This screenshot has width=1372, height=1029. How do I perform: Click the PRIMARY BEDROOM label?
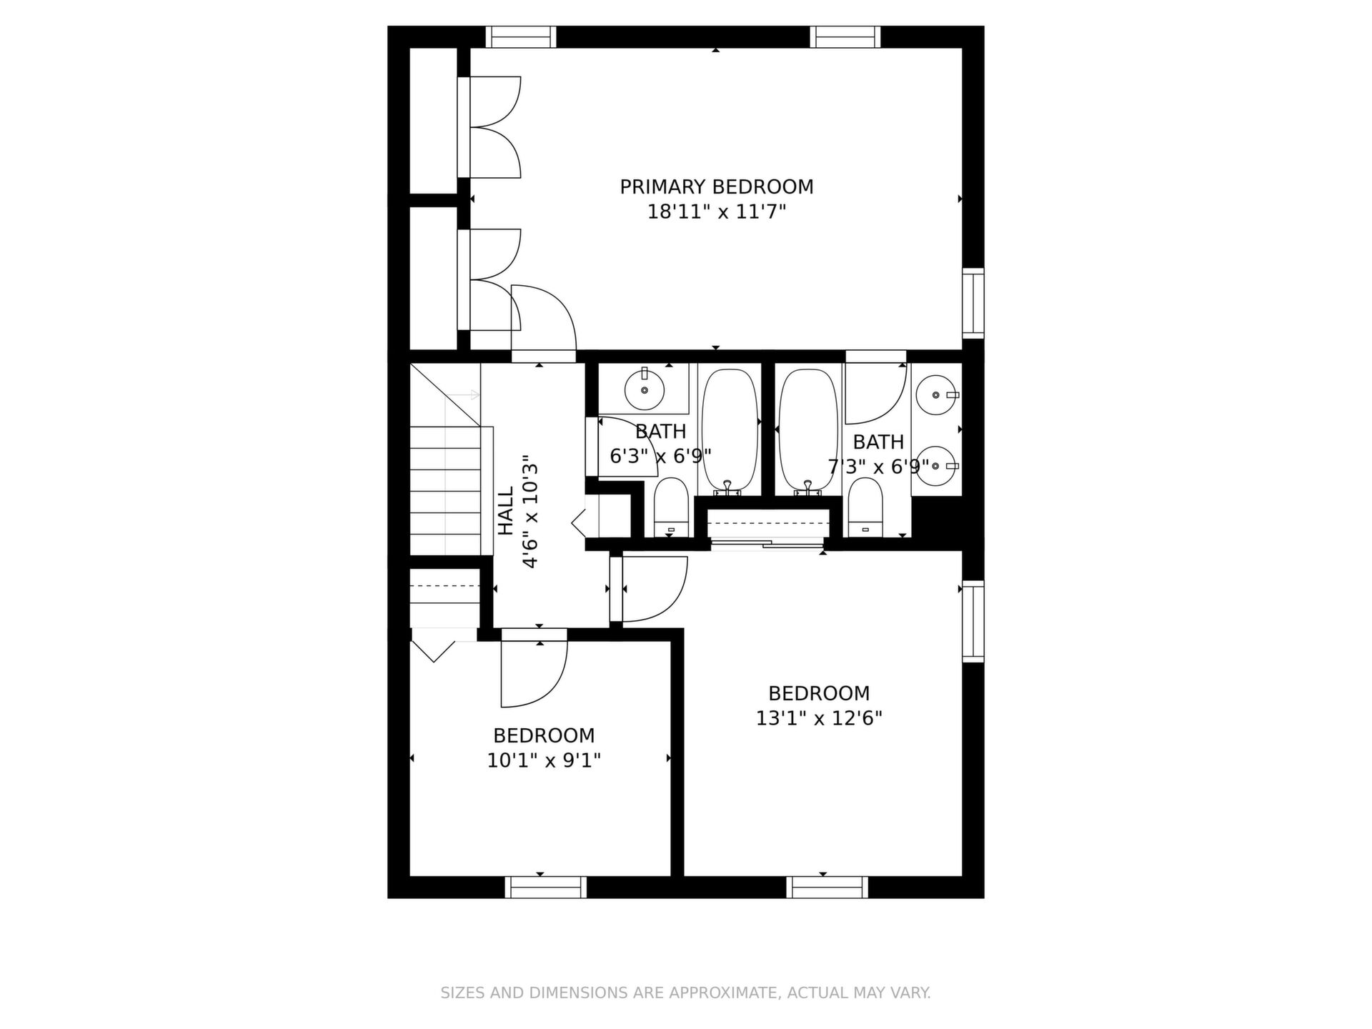[716, 187]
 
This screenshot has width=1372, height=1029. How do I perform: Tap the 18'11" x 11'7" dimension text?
[716, 212]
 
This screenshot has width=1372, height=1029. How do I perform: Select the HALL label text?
[505, 511]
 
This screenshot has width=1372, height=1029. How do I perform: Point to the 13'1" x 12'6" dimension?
[819, 718]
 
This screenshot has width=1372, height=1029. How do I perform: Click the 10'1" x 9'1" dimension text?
[544, 760]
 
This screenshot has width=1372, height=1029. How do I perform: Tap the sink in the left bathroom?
[645, 389]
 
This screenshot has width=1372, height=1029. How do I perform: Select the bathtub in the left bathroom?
[729, 431]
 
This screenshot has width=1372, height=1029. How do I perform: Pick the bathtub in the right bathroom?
[808, 431]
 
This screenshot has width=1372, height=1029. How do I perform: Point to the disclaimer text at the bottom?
[685, 993]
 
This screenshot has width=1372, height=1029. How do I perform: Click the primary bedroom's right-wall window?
[973, 303]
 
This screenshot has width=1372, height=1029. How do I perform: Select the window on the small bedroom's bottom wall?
[545, 888]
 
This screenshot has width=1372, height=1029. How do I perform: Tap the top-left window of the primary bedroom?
[521, 36]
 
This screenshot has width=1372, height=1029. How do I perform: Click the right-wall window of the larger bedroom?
[973, 621]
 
